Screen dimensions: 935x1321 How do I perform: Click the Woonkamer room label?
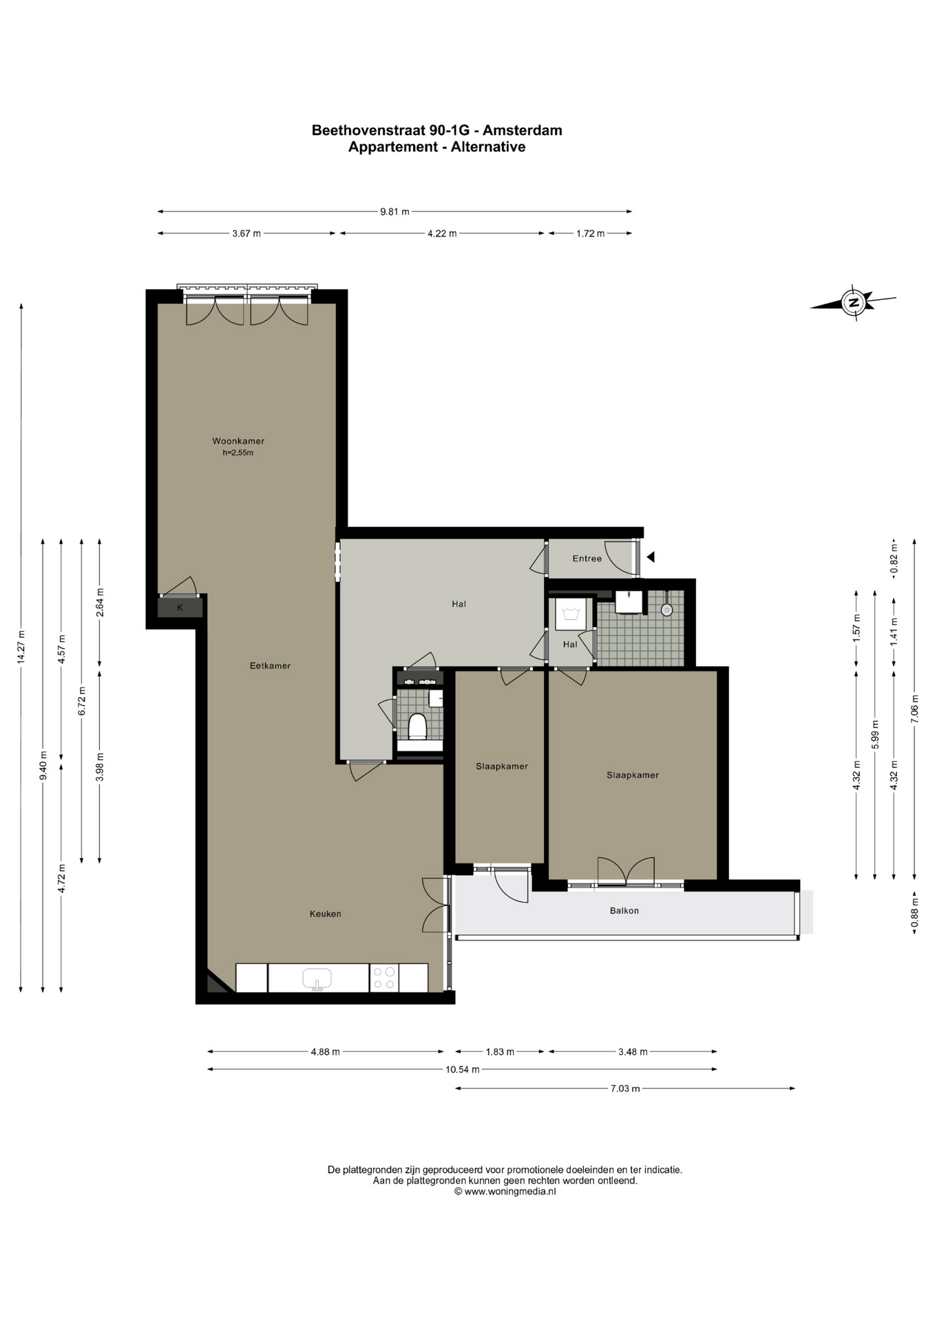(x=238, y=441)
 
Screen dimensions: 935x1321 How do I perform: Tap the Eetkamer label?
(x=270, y=666)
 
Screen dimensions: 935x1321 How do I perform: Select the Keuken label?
(x=326, y=914)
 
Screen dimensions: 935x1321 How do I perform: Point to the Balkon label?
(x=624, y=910)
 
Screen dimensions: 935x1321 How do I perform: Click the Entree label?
(x=587, y=559)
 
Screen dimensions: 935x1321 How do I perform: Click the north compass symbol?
(x=854, y=302)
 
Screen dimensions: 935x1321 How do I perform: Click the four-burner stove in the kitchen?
(x=384, y=978)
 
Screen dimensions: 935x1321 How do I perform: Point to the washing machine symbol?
(x=570, y=612)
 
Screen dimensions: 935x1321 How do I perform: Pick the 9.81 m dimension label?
(x=395, y=212)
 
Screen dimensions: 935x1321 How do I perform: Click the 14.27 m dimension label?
(x=21, y=647)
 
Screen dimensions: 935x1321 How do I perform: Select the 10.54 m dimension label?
(x=463, y=1069)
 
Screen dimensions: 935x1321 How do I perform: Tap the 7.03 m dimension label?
(x=625, y=1088)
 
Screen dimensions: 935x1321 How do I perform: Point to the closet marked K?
(x=180, y=608)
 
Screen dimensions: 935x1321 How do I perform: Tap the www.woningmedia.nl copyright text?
(x=505, y=1192)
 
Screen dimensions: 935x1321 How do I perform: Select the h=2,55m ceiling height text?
(x=238, y=453)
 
